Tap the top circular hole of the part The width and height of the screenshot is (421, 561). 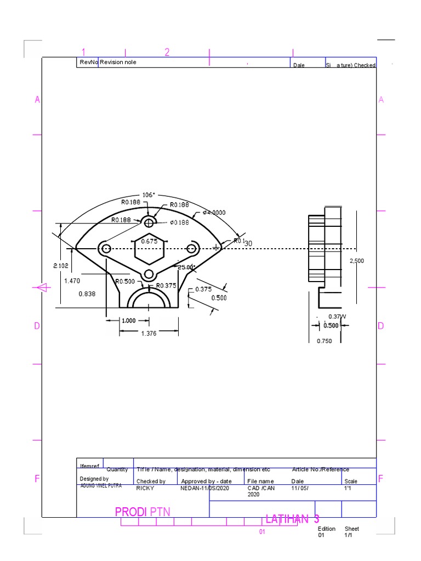(x=149, y=222)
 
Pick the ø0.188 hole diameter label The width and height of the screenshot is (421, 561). (x=179, y=222)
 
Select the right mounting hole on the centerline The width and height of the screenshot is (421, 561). (x=191, y=249)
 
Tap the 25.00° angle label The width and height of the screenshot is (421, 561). (x=186, y=267)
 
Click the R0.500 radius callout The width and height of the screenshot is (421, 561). (x=125, y=282)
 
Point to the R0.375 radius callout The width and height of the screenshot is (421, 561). (x=166, y=285)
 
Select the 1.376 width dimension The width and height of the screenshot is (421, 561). (x=149, y=333)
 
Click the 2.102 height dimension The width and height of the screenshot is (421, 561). (x=61, y=266)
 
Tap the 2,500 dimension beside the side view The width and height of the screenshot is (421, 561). (x=356, y=261)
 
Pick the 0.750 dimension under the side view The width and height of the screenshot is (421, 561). (x=325, y=341)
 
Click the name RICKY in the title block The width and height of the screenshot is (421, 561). (x=145, y=488)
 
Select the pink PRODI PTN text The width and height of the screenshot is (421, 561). (x=143, y=512)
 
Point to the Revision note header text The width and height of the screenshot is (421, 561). (x=118, y=62)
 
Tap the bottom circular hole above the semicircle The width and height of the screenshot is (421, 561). (x=149, y=275)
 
